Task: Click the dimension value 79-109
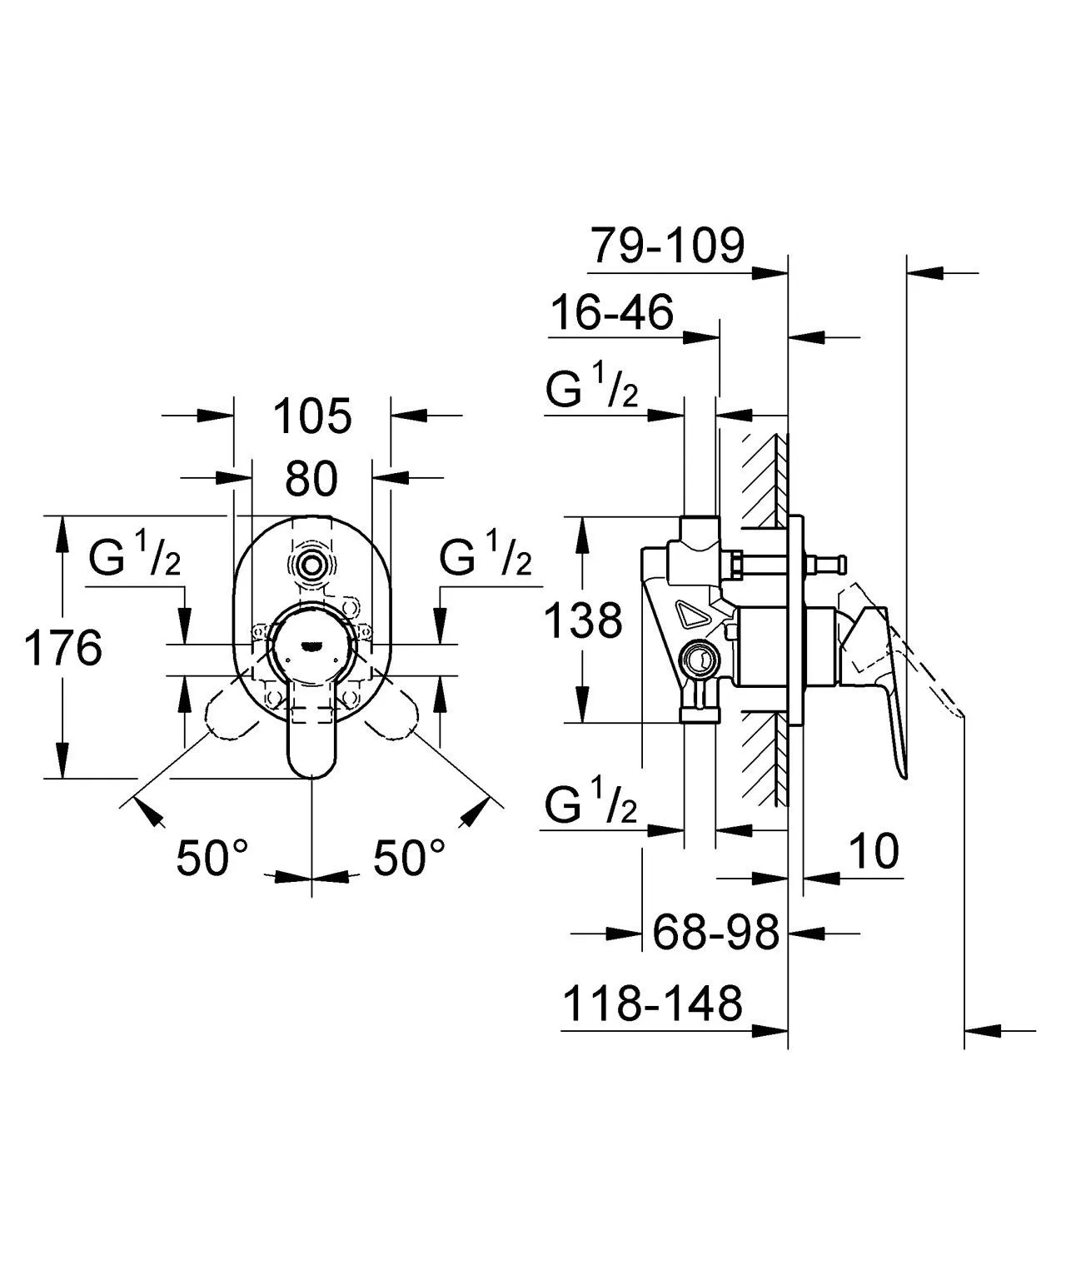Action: pos(667,246)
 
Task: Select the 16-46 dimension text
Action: pos(612,313)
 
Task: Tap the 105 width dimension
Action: pos(313,416)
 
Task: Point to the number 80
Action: pos(311,479)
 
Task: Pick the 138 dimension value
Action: pos(583,620)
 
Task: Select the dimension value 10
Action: pos(874,851)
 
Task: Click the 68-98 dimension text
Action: pos(715,932)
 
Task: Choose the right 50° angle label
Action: pos(409,858)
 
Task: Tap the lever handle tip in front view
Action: pos(311,762)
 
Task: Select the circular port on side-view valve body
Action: pos(698,660)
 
